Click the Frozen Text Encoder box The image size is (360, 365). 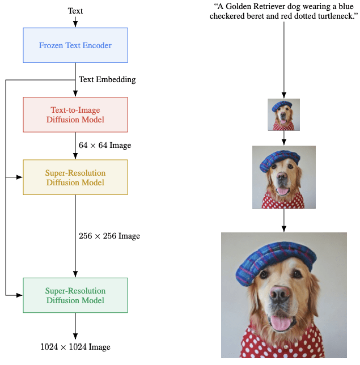(x=75, y=45)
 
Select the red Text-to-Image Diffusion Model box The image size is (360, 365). (x=75, y=114)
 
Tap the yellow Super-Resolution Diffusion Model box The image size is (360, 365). (x=75, y=177)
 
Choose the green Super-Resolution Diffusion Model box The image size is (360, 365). (x=75, y=295)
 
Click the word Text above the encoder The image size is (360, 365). (x=75, y=11)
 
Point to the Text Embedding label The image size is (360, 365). (x=107, y=79)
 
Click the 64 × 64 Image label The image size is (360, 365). (x=105, y=146)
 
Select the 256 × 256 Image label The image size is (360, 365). (x=109, y=236)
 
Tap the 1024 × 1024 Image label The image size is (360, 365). (x=75, y=347)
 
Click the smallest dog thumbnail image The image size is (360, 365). (x=283, y=114)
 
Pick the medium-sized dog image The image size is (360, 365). (x=283, y=177)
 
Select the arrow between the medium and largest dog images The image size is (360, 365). (x=283, y=221)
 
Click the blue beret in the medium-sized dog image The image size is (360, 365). (x=279, y=160)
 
